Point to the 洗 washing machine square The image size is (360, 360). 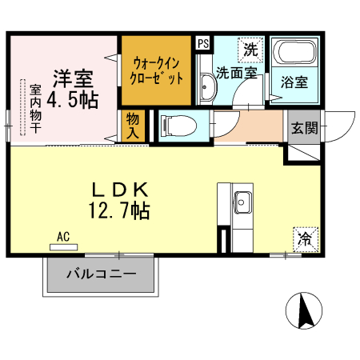(x=250, y=48)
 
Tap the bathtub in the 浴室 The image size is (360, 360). (x=293, y=54)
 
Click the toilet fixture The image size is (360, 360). (x=174, y=126)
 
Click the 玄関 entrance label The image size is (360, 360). (x=303, y=126)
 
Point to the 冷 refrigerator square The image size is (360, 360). (x=305, y=238)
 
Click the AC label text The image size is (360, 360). (x=64, y=237)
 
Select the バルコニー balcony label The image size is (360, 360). (x=100, y=274)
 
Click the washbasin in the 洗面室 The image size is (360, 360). (x=206, y=86)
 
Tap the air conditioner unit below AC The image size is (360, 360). (x=64, y=247)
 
